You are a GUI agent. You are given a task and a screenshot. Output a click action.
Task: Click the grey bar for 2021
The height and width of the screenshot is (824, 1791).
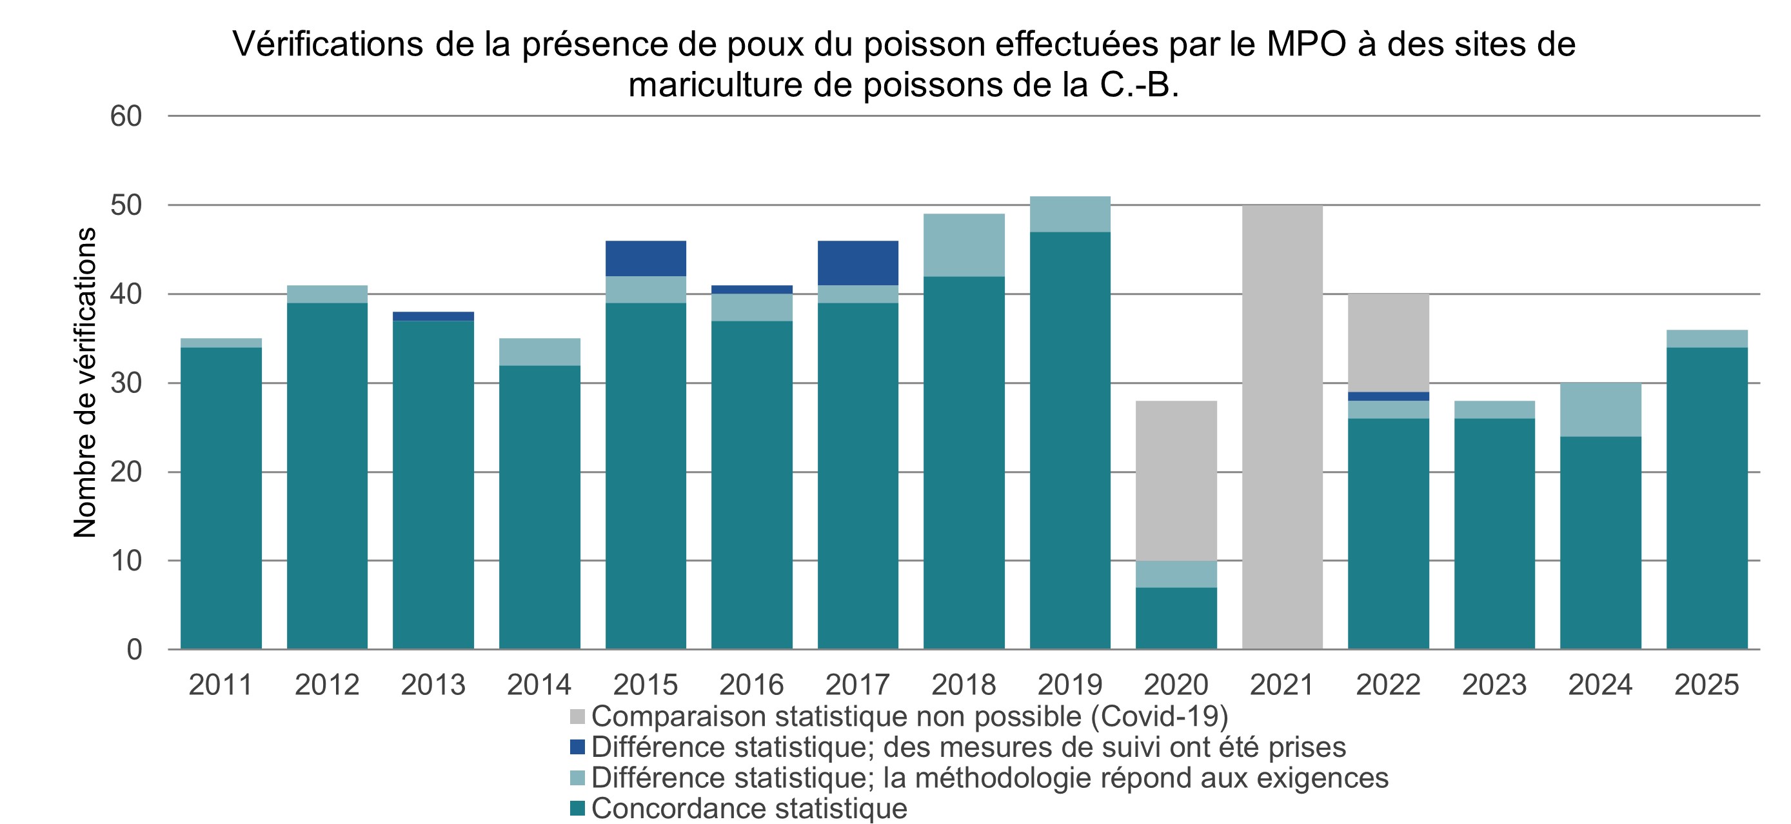(x=1282, y=427)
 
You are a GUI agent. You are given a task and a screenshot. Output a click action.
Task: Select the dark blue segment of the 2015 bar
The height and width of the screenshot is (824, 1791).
(x=646, y=258)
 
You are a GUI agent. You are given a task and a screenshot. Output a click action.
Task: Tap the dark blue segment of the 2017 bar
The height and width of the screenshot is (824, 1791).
(x=858, y=262)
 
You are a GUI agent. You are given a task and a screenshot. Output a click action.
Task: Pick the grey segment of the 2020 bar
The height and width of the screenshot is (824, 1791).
(x=1176, y=481)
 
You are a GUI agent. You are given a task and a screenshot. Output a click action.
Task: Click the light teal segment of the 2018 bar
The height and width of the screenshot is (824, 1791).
(x=964, y=245)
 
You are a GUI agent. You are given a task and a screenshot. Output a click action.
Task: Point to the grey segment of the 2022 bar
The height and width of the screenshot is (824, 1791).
(x=1389, y=342)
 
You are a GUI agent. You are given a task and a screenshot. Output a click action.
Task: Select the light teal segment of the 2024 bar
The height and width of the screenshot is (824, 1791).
(x=1601, y=410)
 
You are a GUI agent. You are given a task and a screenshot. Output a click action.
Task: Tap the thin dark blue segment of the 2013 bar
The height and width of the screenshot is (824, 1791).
(x=433, y=316)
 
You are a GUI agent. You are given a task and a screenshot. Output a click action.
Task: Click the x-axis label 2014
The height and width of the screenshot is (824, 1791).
(x=539, y=685)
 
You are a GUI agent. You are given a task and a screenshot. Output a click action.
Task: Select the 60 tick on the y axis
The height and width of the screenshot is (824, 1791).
(x=126, y=116)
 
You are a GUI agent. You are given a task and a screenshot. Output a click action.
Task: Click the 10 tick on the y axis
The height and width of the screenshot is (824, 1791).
(x=126, y=561)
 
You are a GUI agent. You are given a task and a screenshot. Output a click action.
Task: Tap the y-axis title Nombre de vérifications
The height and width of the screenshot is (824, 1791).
(x=85, y=383)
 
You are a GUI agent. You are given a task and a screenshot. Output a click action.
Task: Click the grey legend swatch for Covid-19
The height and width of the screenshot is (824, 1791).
(x=577, y=717)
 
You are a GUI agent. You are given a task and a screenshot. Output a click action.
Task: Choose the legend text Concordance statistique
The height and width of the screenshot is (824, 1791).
(x=749, y=809)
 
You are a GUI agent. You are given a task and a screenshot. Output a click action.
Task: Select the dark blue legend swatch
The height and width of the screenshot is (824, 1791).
(x=577, y=747)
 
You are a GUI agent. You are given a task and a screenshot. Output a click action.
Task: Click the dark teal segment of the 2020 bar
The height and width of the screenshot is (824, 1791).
(x=1176, y=618)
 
